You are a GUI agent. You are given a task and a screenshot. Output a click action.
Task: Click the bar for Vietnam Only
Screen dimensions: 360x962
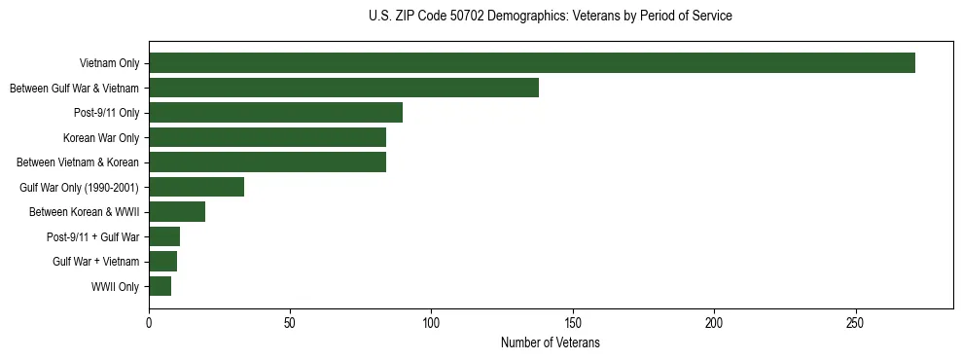[532, 63]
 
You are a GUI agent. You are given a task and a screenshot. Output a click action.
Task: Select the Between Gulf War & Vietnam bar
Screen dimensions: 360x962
[343, 88]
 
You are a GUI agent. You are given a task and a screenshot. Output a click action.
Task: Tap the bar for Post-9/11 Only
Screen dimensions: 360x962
[275, 113]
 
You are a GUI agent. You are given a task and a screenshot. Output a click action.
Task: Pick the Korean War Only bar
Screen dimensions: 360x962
[267, 137]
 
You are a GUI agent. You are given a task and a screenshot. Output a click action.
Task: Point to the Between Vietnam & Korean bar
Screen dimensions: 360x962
[267, 162]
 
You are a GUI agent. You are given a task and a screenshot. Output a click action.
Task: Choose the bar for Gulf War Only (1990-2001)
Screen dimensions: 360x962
[196, 187]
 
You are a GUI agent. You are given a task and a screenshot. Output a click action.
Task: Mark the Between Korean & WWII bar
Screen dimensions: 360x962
[177, 212]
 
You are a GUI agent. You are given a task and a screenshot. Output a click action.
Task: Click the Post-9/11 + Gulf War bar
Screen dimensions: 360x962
[164, 236]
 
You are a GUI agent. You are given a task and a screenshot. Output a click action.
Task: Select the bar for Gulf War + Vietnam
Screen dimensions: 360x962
[163, 262]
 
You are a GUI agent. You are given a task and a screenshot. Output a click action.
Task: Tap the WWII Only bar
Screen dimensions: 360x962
[160, 286]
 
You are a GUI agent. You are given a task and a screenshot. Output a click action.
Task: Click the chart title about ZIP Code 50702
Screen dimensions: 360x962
[551, 16]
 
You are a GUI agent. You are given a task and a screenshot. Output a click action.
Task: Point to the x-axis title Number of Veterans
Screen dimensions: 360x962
[551, 343]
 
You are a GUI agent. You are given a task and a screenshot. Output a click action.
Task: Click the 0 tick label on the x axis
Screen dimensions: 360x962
[149, 323]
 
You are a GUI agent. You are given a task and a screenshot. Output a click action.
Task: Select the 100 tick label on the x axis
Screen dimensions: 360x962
[432, 323]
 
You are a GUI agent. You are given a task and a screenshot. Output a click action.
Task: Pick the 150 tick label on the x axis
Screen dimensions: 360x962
[573, 323]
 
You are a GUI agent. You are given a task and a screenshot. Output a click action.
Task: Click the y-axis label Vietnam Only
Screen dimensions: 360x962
[109, 64]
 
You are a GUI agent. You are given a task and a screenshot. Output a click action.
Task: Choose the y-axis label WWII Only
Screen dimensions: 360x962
[115, 287]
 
